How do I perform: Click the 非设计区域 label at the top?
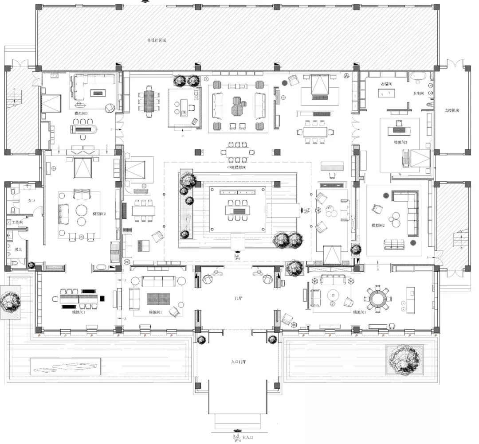157,40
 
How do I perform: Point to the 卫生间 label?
419,93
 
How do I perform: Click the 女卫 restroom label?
31,201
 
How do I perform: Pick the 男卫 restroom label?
18,250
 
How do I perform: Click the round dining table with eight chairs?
377,299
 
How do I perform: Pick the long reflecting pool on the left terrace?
66,366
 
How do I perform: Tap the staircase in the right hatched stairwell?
462,239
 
